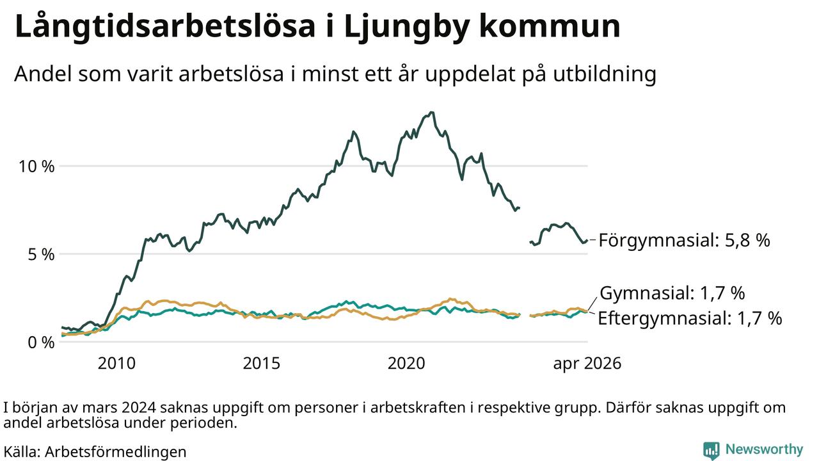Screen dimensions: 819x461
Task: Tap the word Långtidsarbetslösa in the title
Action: [165, 27]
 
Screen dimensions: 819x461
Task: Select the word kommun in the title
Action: [550, 26]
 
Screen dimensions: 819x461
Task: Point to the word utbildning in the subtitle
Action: [605, 74]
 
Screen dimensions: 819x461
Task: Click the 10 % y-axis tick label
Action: [36, 166]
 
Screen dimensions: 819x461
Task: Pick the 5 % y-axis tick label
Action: [41, 255]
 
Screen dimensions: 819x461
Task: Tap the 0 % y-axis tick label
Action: [41, 343]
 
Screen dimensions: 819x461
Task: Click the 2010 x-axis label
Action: [116, 364]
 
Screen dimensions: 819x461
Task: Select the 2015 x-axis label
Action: [262, 364]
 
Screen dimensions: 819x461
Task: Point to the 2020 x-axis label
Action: [406, 364]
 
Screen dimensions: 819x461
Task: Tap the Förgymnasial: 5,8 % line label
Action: [685, 241]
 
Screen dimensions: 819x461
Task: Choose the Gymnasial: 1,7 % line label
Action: [672, 293]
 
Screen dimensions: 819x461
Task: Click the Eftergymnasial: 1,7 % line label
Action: [690, 318]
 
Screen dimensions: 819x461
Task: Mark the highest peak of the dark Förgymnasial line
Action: [432, 112]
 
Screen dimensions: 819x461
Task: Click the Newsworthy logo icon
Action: [711, 450]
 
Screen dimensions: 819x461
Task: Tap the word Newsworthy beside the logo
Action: [764, 449]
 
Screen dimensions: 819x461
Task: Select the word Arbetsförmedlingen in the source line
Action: [116, 452]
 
